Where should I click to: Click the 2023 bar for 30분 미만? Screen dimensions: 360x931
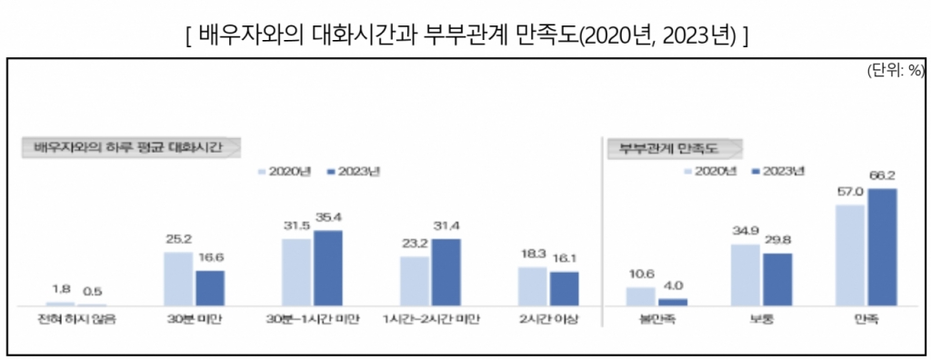click(210, 287)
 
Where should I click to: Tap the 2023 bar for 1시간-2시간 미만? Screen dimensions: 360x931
click(445, 271)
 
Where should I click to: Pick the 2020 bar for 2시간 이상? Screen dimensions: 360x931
click(532, 285)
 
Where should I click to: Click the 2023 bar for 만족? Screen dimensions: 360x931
click(882, 245)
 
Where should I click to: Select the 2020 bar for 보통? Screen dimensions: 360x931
click(745, 274)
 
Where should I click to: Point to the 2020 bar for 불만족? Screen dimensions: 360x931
click(641, 295)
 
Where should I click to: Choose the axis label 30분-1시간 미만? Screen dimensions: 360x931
click(312, 319)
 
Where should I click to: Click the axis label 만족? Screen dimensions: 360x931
click(866, 319)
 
